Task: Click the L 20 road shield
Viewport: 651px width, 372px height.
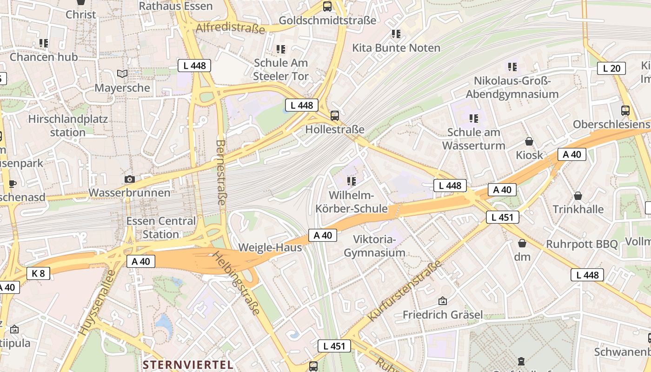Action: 611,68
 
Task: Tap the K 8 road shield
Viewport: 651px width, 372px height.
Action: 38,273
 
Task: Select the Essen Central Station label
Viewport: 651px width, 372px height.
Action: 161,227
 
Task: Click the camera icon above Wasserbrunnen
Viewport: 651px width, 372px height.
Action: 130,179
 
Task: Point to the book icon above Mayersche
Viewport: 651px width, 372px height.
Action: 122,73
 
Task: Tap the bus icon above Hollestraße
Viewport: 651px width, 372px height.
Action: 335,115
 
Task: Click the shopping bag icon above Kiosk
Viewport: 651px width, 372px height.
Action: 529,141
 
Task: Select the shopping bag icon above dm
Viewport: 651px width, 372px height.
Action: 522,243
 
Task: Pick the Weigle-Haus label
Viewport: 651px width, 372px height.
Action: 270,247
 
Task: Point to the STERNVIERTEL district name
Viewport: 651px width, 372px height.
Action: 188,364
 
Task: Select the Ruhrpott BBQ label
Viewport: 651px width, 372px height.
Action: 582,244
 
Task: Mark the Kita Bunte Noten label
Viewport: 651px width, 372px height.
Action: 396,48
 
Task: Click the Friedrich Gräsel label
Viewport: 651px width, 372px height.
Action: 443,314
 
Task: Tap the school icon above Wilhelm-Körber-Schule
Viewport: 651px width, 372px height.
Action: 352,180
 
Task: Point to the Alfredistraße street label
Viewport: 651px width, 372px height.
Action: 230,27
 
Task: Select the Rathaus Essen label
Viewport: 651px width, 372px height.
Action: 176,6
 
